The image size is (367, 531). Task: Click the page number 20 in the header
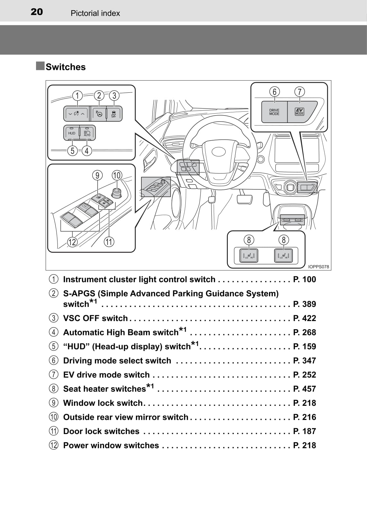(37, 12)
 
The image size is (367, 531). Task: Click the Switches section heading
(66, 67)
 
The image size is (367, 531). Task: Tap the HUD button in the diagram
(72, 133)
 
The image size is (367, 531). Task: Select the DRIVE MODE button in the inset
(274, 112)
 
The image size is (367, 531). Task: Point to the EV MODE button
(300, 112)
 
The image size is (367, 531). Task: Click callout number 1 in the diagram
(77, 95)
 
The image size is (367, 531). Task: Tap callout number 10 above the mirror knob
(117, 175)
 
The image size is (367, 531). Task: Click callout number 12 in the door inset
(72, 242)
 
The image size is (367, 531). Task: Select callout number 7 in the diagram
(300, 92)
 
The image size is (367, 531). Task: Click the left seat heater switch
(249, 256)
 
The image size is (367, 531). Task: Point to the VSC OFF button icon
(114, 114)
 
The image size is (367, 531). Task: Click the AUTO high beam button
(87, 133)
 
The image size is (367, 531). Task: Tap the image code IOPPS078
(318, 266)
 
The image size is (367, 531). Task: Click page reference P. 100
(304, 279)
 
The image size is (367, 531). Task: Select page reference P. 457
(304, 389)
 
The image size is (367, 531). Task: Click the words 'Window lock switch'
(103, 403)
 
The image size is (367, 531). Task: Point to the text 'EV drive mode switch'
(106, 375)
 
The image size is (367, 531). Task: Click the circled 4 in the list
(54, 332)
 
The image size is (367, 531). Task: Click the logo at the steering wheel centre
(219, 152)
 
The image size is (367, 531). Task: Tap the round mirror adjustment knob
(117, 193)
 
